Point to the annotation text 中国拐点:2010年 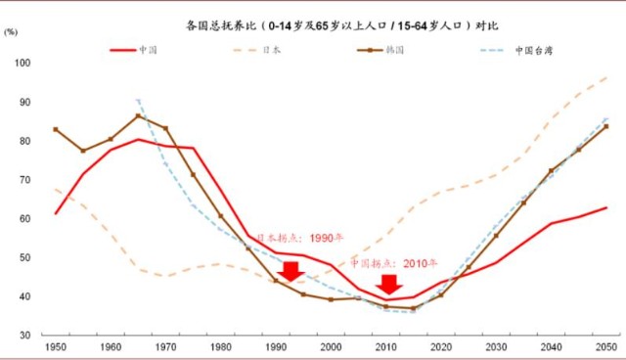(394, 263)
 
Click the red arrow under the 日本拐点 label (290, 271)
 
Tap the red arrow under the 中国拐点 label (390, 285)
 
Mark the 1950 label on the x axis (57, 348)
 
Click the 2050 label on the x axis (605, 348)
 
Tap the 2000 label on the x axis (331, 348)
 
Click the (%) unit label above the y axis (11, 33)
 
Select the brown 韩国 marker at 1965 (138, 115)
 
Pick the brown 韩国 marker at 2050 (605, 126)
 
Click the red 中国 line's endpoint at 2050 (606, 207)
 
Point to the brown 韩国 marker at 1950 (56, 129)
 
